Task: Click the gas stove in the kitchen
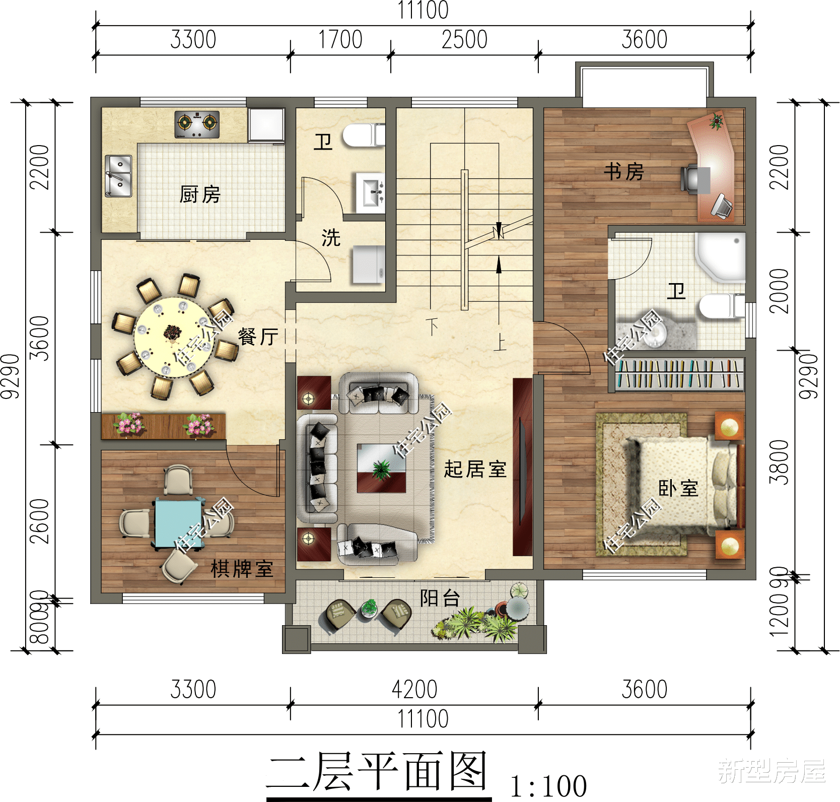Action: pyautogui.click(x=197, y=124)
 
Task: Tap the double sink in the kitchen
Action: pyautogui.click(x=118, y=176)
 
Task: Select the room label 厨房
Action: pyautogui.click(x=200, y=194)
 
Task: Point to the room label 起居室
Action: pyautogui.click(x=475, y=469)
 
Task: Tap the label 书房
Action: pyautogui.click(x=624, y=172)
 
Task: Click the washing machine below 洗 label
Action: pyautogui.click(x=368, y=264)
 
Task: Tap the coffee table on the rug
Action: pyautogui.click(x=381, y=468)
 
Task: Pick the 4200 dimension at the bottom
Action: pyautogui.click(x=414, y=689)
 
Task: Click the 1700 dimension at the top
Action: pyautogui.click(x=340, y=40)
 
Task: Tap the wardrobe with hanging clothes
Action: pyautogui.click(x=679, y=374)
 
